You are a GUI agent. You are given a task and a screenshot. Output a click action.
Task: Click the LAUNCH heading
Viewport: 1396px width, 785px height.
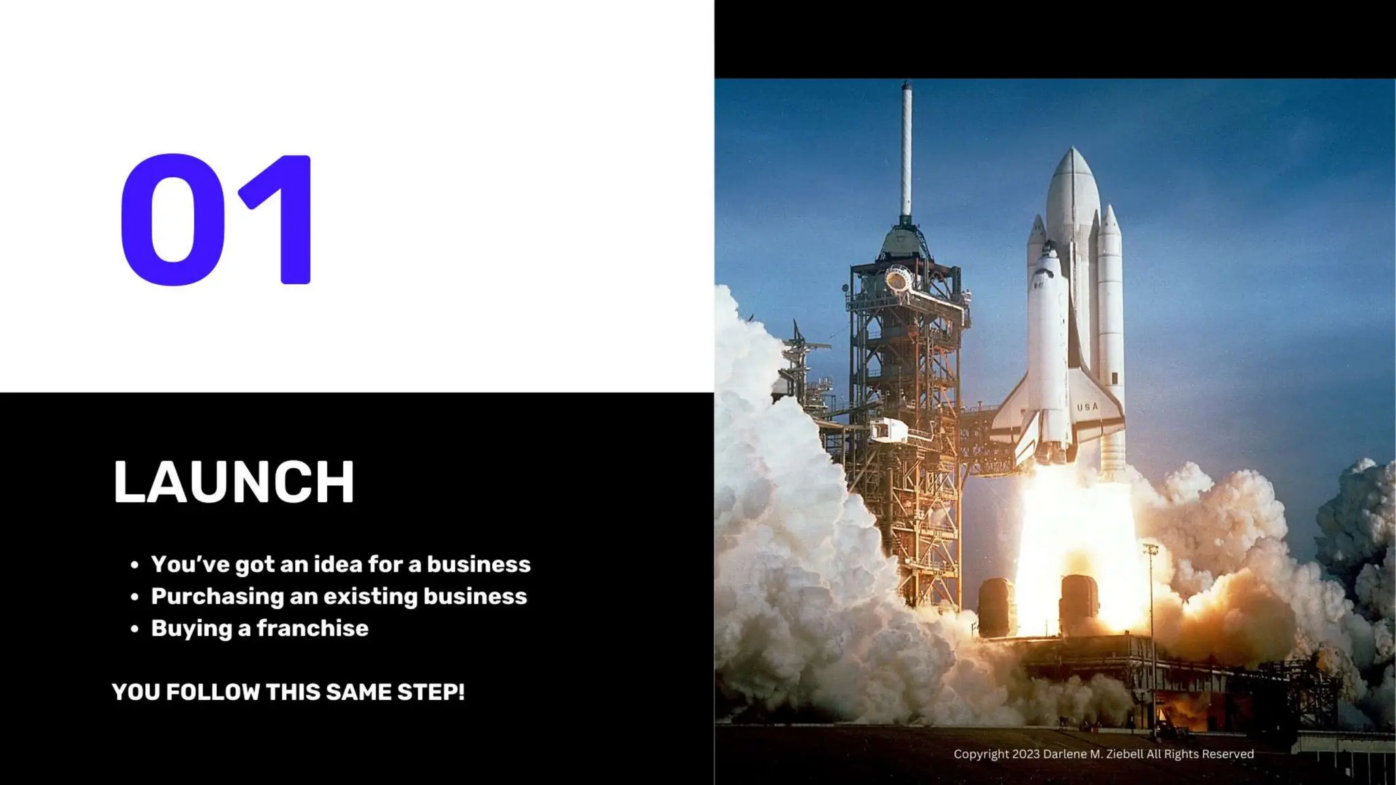click(x=233, y=482)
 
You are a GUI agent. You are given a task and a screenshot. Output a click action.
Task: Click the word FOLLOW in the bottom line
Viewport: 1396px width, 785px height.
click(x=213, y=692)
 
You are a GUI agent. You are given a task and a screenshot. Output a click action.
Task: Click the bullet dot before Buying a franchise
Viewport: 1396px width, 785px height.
click(x=135, y=628)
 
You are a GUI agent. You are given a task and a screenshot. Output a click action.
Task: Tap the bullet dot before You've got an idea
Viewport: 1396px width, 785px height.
click(x=135, y=565)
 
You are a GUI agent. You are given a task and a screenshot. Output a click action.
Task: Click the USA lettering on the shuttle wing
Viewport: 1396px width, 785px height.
click(x=1087, y=407)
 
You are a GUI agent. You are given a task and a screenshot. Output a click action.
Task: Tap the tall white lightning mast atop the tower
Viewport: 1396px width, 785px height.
click(x=906, y=150)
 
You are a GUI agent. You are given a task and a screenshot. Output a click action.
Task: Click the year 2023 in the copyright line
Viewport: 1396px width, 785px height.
click(x=1026, y=754)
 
